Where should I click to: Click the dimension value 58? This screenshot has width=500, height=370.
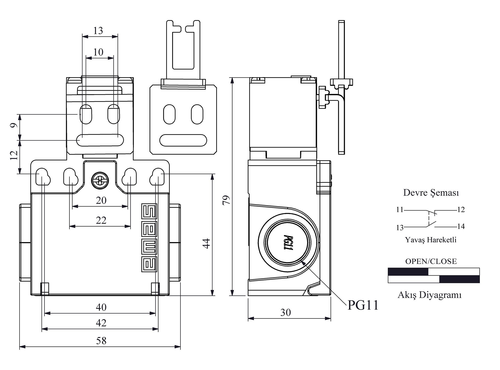(101, 341)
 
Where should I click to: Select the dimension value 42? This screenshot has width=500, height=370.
(101, 323)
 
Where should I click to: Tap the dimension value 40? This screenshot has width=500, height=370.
(101, 307)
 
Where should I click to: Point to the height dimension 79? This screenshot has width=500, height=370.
(226, 200)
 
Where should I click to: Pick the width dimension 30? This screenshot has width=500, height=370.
(285, 313)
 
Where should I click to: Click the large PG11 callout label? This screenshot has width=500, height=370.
(363, 305)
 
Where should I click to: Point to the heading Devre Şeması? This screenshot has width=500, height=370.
(431, 193)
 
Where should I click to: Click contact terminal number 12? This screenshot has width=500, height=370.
(461, 210)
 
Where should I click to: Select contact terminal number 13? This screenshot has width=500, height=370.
(400, 228)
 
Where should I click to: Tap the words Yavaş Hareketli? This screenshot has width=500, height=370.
(431, 240)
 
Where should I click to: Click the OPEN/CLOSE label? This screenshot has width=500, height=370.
(431, 261)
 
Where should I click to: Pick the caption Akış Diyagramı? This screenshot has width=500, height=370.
(430, 295)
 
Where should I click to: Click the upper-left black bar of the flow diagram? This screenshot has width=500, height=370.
(408, 272)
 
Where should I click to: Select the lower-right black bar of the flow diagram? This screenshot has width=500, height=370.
(459, 279)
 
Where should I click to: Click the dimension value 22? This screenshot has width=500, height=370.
(101, 220)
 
